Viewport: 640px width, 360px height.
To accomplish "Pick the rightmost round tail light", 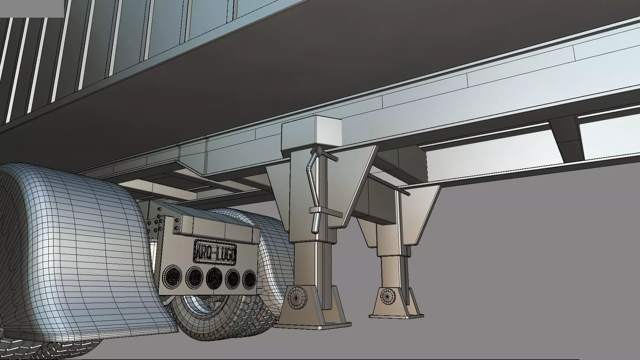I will (249, 279).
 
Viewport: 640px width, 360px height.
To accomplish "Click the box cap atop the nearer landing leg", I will (312, 132).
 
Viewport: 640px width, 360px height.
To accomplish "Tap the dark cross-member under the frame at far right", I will (567, 137).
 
